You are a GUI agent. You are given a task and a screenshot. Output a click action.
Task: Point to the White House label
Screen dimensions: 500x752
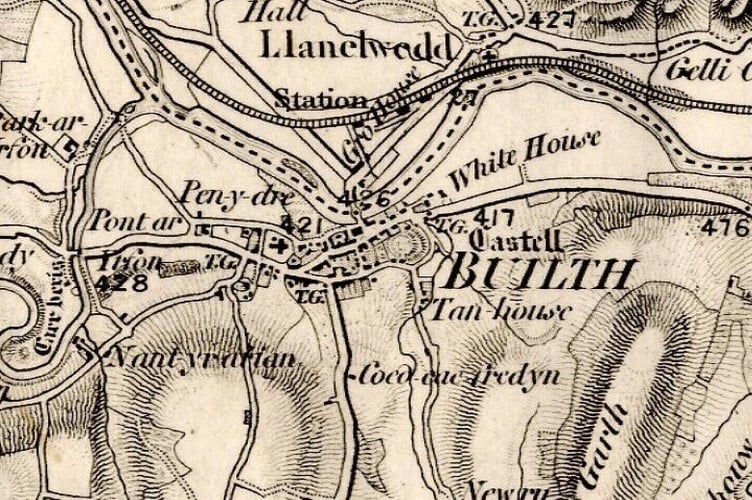pos(524,161)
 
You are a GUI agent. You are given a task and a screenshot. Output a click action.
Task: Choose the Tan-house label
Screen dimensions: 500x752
pos(500,310)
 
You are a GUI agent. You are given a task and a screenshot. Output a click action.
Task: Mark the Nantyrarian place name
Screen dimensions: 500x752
pos(201,358)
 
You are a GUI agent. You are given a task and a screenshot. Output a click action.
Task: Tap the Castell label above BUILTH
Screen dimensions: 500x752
pos(513,240)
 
